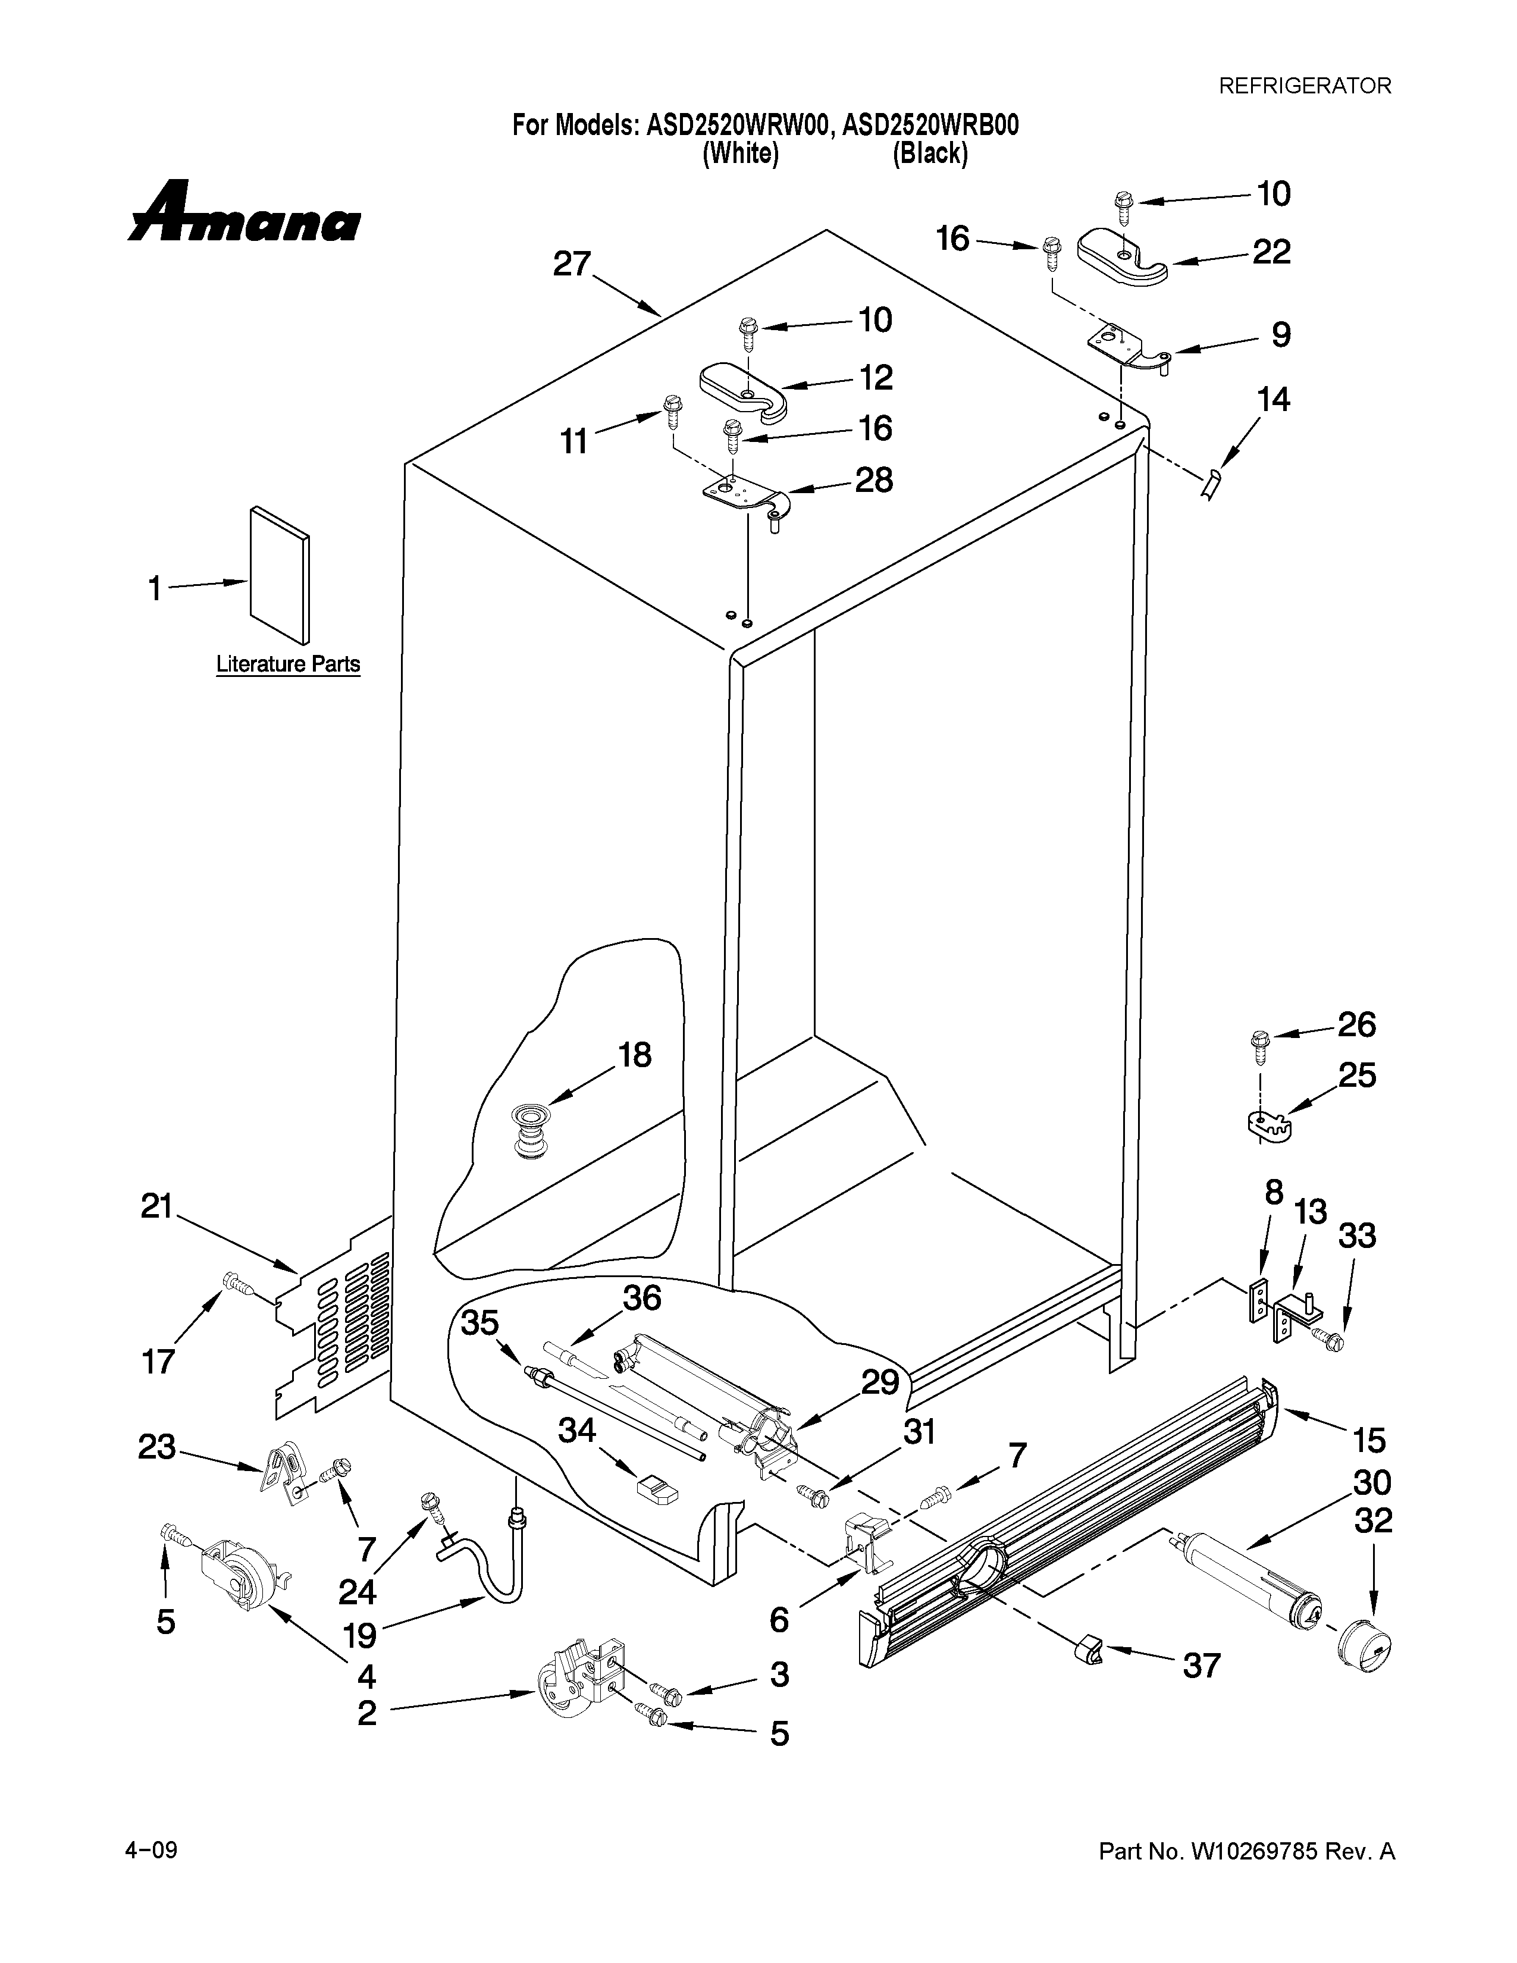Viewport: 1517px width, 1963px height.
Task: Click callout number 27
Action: tap(572, 264)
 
